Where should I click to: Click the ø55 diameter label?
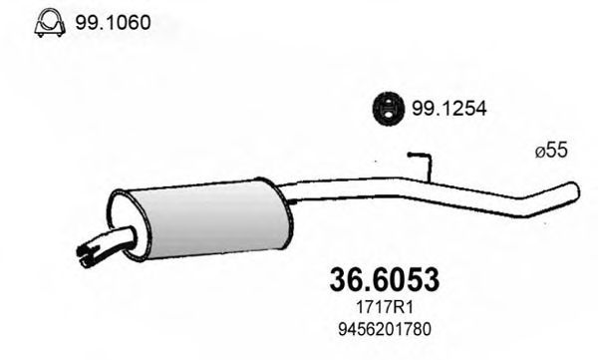point(551,152)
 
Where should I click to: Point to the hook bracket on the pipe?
point(423,165)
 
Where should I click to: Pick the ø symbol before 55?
point(539,152)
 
